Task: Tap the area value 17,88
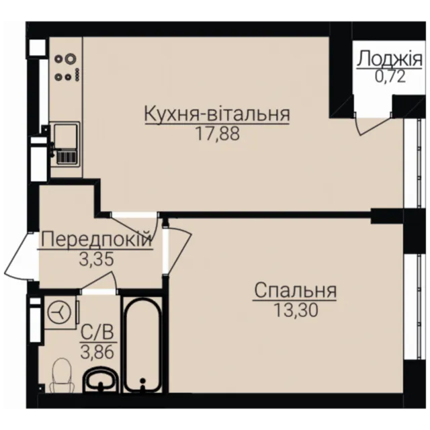point(218,134)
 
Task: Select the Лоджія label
point(390,58)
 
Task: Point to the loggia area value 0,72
point(390,77)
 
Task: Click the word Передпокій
point(95,239)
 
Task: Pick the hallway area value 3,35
point(96,259)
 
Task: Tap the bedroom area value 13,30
point(296,310)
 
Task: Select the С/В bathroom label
point(97,333)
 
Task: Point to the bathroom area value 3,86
point(97,352)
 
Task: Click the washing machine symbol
point(60,312)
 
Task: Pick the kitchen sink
point(66,144)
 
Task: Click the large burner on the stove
point(70,58)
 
